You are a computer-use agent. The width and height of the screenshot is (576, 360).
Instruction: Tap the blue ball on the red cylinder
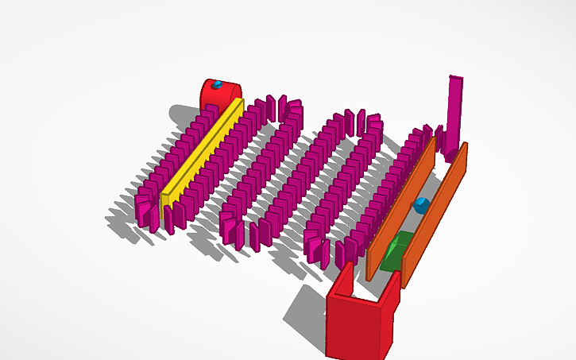[x=215, y=83]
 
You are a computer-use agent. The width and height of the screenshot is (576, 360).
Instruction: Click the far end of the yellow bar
[x=238, y=104]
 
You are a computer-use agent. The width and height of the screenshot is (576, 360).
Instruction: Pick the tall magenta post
[x=454, y=111]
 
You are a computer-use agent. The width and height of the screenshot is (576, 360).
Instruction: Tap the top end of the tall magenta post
[x=457, y=78]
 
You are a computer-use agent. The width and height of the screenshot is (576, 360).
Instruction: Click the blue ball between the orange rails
[x=421, y=206]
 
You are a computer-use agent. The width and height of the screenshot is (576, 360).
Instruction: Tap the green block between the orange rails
[x=395, y=253]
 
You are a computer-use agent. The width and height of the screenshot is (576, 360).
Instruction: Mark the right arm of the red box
[x=392, y=294]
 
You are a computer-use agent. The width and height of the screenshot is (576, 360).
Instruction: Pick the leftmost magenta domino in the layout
[x=142, y=210]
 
